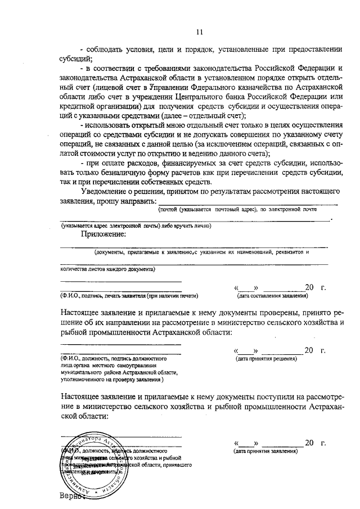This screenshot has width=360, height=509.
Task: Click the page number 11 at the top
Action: [x=200, y=32]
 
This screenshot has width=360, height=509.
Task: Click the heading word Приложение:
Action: [x=103, y=234]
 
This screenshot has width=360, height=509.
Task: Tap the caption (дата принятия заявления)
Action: [x=267, y=451]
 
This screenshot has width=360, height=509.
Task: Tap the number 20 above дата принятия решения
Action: [x=308, y=351]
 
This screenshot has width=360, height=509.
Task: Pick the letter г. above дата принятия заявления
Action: [x=323, y=443]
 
